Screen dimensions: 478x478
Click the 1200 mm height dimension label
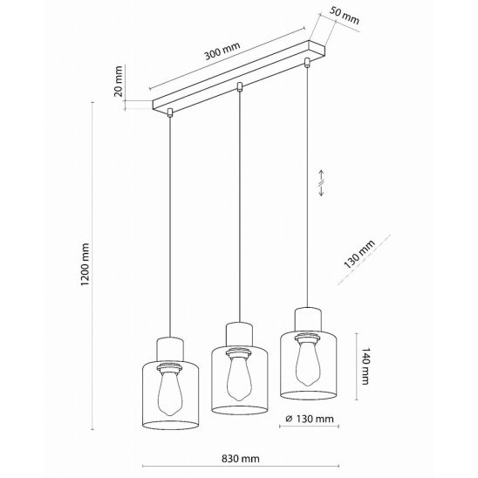(85, 264)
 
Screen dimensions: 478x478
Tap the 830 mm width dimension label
(241, 458)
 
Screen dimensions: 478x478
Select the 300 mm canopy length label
(222, 51)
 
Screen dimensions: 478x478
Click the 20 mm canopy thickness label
(118, 81)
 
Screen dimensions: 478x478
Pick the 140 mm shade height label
(365, 365)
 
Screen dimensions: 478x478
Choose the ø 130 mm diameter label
(310, 419)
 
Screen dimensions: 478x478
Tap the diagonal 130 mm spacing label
(359, 254)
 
